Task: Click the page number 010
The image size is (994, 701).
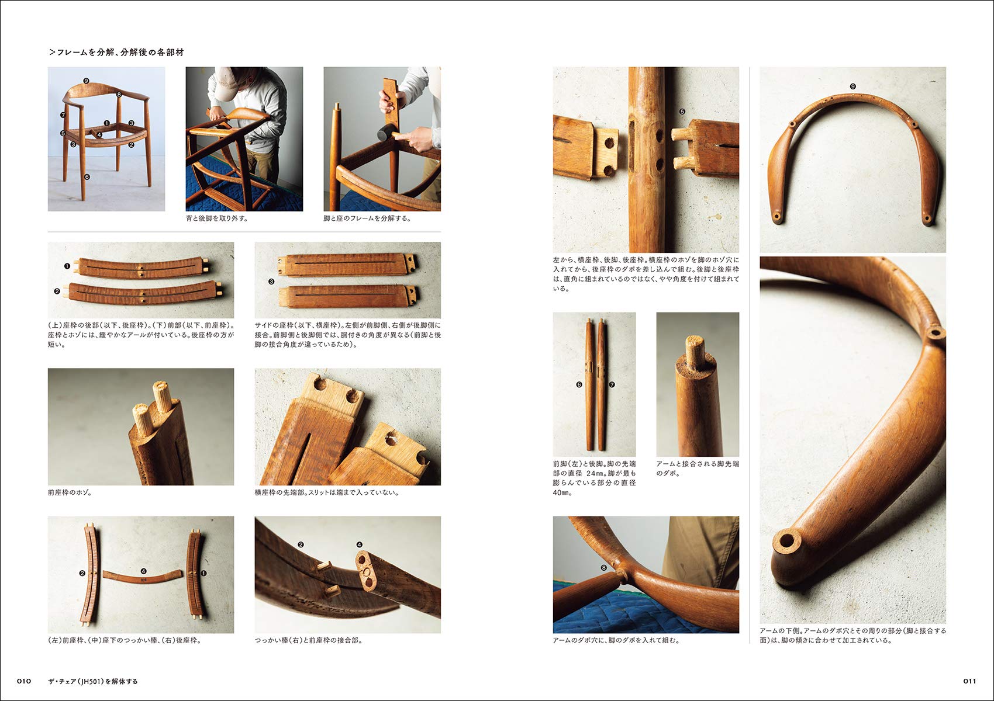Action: pos(23,681)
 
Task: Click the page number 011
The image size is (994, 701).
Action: pos(969,681)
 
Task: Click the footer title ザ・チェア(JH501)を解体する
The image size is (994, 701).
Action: pos(93,681)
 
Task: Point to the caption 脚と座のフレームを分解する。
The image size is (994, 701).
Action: pos(367,218)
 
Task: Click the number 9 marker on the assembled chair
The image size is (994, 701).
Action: pos(87,81)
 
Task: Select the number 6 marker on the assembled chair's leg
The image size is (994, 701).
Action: pos(87,176)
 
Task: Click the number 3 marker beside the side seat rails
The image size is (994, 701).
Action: pos(271,282)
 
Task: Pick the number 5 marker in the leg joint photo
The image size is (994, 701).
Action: pos(682,112)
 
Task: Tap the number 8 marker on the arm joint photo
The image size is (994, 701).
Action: pos(604,567)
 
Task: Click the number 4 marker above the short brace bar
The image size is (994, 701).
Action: pos(143,571)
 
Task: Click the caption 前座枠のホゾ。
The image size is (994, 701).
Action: pos(70,492)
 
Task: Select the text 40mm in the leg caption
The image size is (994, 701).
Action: pos(562,492)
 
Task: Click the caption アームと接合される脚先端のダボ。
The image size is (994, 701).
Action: pos(697,469)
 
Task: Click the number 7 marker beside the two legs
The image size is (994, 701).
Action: pos(612,384)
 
